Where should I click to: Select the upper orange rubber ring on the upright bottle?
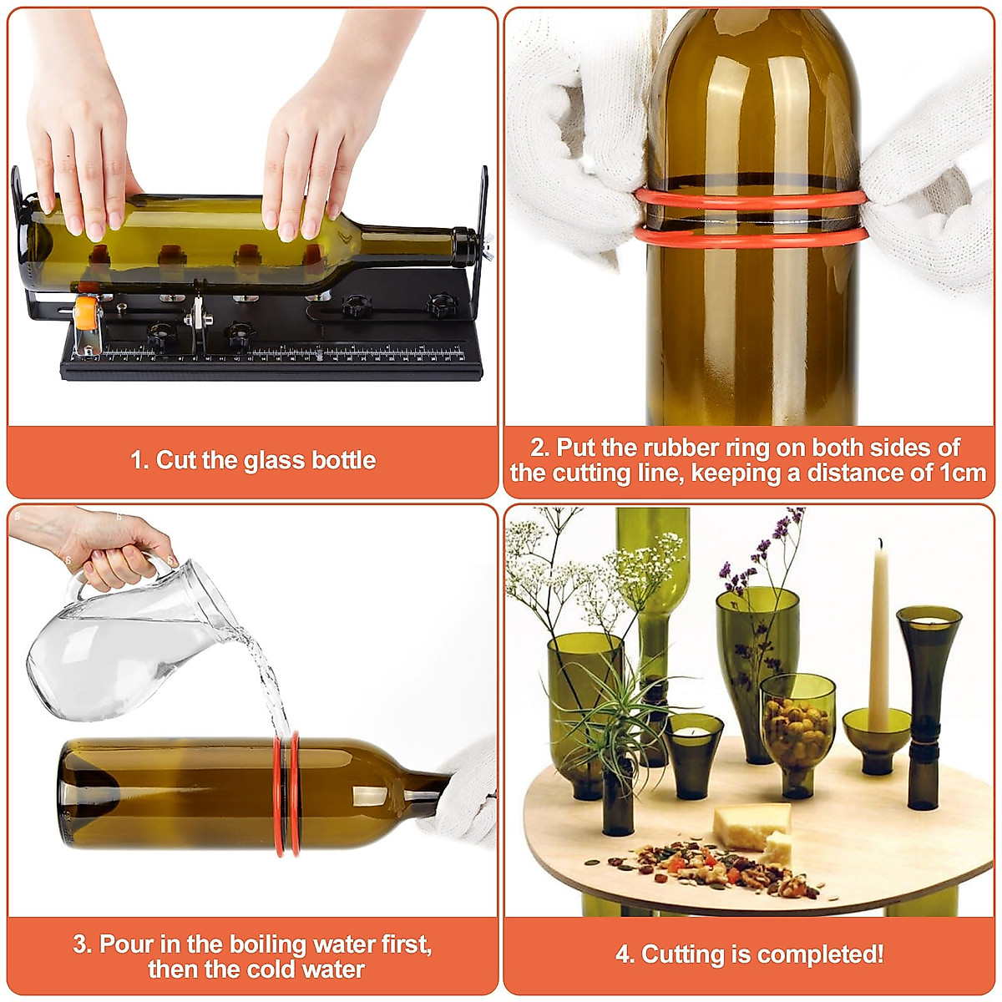pyautogui.click(x=751, y=199)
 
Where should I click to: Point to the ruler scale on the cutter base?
pyautogui.click(x=284, y=354)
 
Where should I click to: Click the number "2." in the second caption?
pyautogui.click(x=540, y=448)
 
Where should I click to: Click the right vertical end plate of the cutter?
pyautogui.click(x=480, y=242)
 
